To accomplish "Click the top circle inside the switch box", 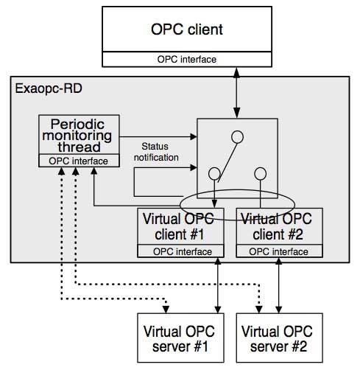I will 236,136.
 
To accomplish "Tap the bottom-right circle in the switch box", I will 260,174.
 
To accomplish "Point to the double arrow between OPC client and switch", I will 236,91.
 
